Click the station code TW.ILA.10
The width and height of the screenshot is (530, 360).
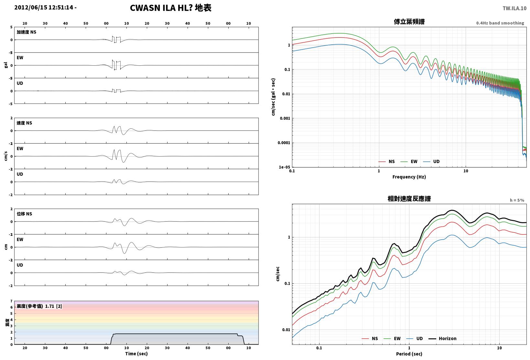[514, 8]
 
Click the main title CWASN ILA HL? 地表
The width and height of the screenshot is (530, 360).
[171, 8]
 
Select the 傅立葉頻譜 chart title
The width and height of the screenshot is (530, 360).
[409, 22]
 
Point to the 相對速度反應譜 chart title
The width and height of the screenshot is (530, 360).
[409, 199]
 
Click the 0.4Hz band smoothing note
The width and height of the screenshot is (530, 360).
[500, 23]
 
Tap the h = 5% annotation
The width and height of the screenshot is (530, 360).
[517, 200]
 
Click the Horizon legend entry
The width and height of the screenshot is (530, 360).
[442, 338]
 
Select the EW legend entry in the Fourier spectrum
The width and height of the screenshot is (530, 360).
[409, 161]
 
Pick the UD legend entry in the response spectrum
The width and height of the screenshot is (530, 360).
[415, 338]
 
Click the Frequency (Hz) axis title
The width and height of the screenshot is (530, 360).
[409, 177]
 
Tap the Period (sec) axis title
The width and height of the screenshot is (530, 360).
[409, 354]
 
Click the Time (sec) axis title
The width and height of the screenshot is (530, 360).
[136, 354]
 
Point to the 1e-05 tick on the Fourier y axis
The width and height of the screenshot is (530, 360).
[284, 167]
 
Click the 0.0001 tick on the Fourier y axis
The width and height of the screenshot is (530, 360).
[284, 143]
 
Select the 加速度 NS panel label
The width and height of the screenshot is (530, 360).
[27, 32]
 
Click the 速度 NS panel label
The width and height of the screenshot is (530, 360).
[24, 123]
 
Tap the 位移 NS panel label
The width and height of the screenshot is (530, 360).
[24, 214]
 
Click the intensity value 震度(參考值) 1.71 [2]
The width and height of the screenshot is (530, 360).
[39, 306]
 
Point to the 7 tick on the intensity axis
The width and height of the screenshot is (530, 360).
[11, 301]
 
